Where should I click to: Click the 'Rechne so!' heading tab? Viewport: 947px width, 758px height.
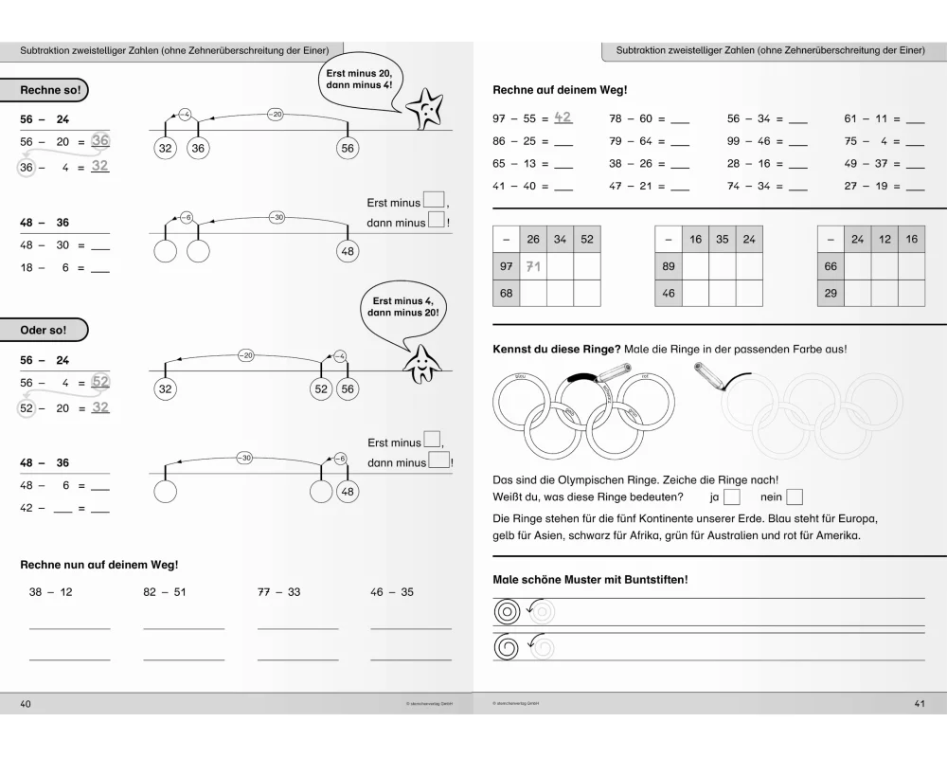[51, 91]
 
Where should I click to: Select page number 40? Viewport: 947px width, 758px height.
[26, 703]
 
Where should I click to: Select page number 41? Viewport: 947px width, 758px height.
[920, 703]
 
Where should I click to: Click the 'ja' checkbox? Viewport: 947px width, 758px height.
[731, 496]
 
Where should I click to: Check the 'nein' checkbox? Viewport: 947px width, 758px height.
[794, 496]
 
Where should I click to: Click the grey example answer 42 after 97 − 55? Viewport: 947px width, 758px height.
[563, 117]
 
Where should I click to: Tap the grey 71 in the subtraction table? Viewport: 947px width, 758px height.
[533, 267]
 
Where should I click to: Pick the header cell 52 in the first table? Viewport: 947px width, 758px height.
[587, 240]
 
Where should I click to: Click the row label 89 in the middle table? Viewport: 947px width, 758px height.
[669, 267]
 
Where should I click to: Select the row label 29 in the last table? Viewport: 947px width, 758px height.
[831, 294]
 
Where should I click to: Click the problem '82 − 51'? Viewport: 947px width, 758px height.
[165, 592]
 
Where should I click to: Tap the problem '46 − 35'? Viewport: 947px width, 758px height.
[392, 592]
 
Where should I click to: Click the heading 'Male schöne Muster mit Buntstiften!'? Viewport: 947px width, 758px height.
[590, 579]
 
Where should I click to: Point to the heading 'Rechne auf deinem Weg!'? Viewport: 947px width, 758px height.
[546, 90]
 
